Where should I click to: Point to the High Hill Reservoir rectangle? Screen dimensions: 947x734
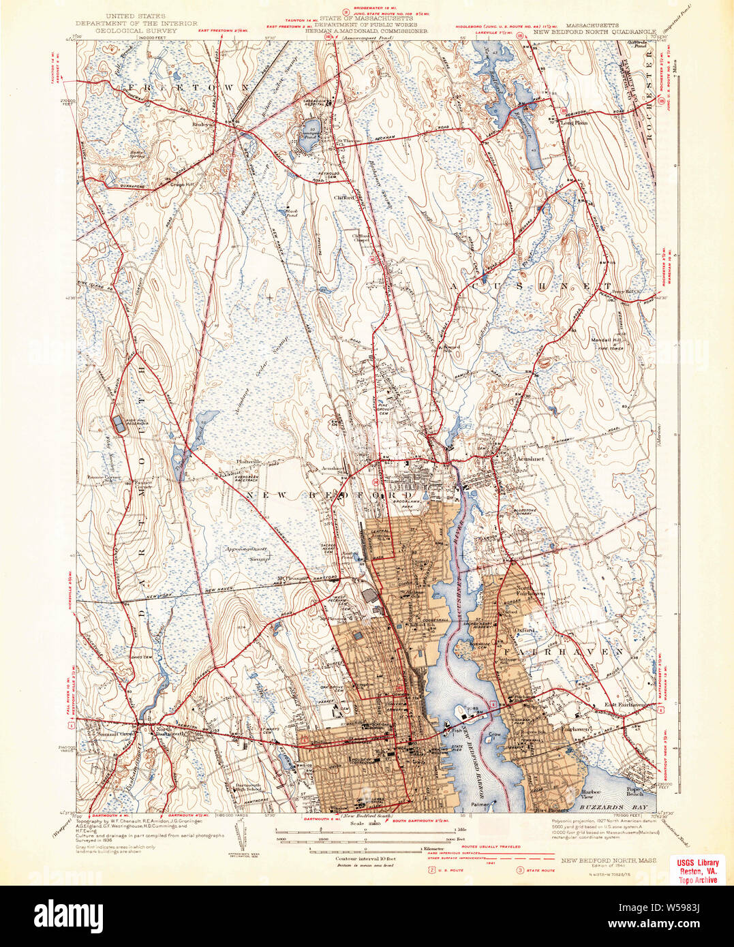119,424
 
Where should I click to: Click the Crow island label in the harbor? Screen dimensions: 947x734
494,735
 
